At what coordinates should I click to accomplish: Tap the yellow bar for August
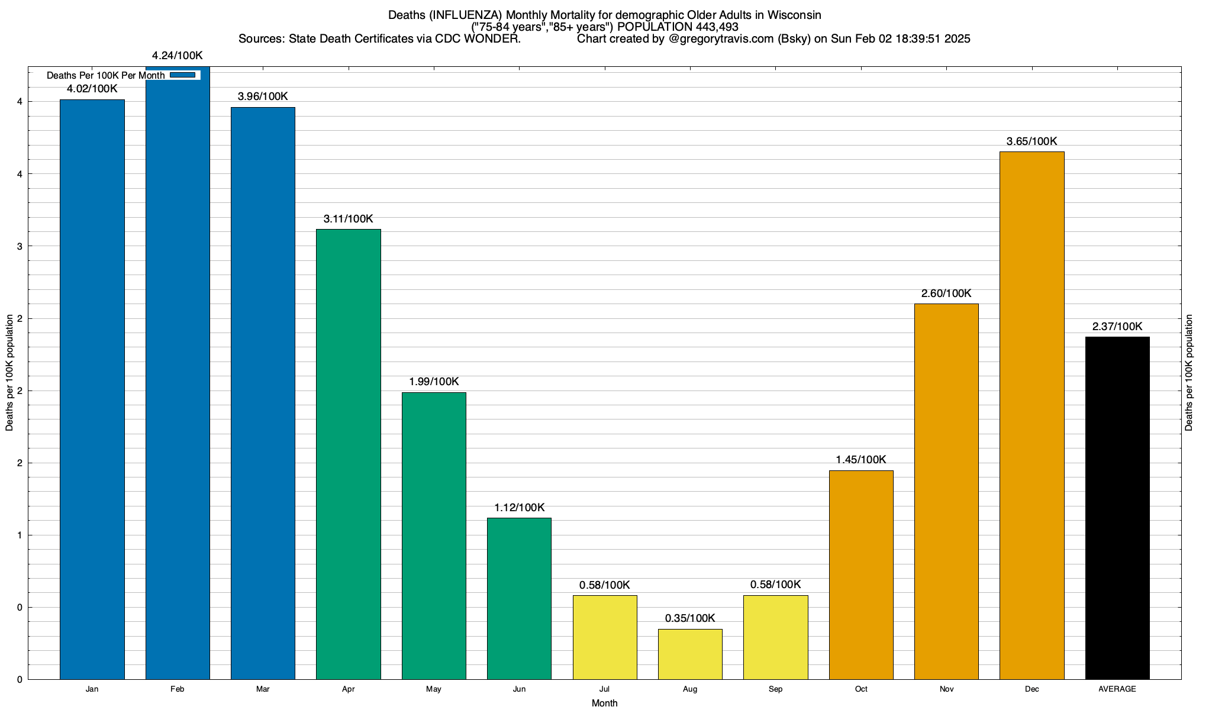pyautogui.click(x=690, y=654)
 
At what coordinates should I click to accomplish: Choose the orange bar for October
pyautogui.click(x=861, y=575)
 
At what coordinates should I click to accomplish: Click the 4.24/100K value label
pyautogui.click(x=178, y=56)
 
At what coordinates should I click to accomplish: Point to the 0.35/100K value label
pyautogui.click(x=690, y=618)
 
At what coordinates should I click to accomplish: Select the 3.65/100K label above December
pyautogui.click(x=1032, y=141)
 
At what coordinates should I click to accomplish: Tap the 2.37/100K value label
pyautogui.click(x=1117, y=327)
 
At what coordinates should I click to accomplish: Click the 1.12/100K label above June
pyautogui.click(x=520, y=508)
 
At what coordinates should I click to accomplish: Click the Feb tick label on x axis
pyautogui.click(x=178, y=689)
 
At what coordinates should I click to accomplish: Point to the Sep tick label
pyautogui.click(x=775, y=689)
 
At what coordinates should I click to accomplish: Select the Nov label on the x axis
pyautogui.click(x=946, y=689)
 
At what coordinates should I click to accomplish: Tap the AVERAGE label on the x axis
pyautogui.click(x=1117, y=689)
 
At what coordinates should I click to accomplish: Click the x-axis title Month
pyautogui.click(x=604, y=703)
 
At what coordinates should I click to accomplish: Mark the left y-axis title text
pyautogui.click(x=9, y=373)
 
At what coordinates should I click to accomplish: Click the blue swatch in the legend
pyautogui.click(x=182, y=75)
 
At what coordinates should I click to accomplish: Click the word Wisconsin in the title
pyautogui.click(x=794, y=15)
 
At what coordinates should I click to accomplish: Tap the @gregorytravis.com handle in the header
pyautogui.click(x=721, y=39)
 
